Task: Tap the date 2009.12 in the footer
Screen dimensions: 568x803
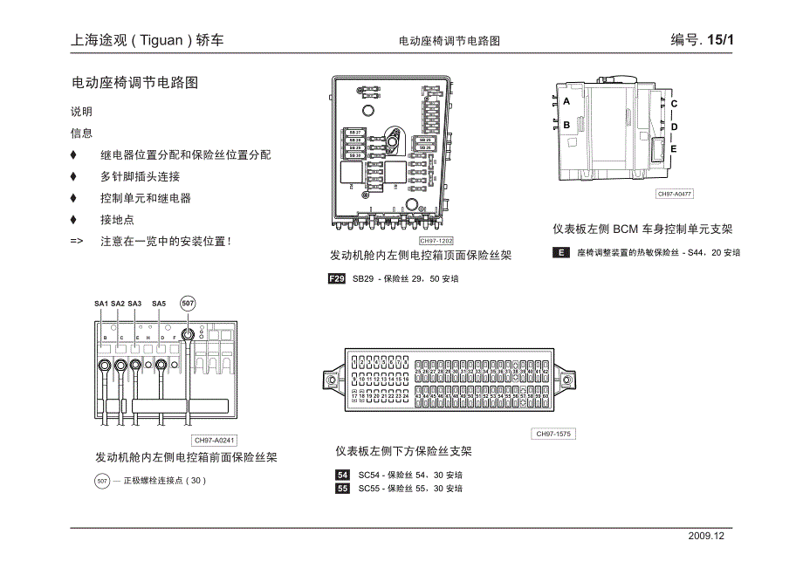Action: [707, 537]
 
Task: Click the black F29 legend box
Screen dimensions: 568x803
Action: [337, 279]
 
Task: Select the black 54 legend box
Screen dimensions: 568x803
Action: [342, 476]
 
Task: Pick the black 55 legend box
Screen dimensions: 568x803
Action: [342, 489]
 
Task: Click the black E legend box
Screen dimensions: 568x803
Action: [560, 253]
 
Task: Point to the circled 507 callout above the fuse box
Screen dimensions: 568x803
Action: [188, 303]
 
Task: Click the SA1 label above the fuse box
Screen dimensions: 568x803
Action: [101, 304]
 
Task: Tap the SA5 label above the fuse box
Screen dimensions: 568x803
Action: [159, 304]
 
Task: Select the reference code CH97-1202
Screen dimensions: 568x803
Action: [436, 241]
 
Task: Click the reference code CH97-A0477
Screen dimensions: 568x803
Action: [675, 195]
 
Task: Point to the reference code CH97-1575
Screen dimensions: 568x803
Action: [553, 434]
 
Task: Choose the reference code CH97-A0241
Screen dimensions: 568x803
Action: [216, 441]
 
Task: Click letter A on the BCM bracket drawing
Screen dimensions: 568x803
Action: [566, 101]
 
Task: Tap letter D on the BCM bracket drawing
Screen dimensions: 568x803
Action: [674, 127]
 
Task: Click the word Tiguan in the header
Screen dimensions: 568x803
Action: [162, 40]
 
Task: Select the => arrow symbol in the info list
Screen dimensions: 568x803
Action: [77, 242]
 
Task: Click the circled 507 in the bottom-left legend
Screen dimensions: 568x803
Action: [102, 481]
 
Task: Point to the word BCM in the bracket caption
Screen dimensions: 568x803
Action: [626, 229]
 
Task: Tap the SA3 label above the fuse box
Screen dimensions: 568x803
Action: [134, 304]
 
